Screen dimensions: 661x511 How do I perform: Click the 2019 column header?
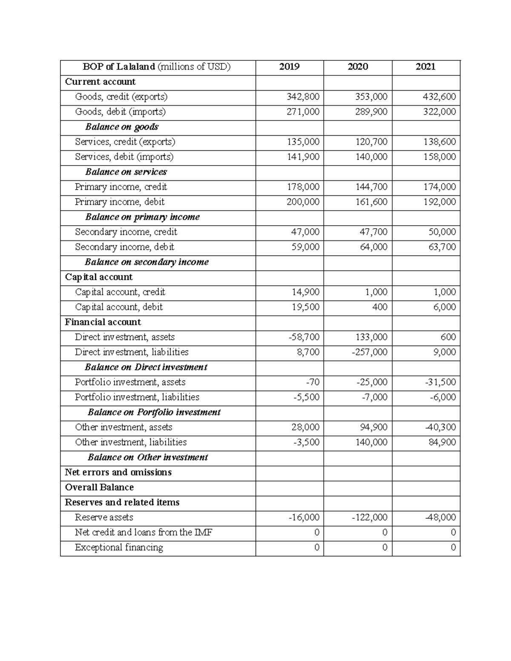[289, 67]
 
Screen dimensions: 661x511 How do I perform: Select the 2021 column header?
[425, 67]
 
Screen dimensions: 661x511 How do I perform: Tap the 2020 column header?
[357, 67]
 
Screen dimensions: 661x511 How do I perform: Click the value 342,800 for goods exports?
[303, 97]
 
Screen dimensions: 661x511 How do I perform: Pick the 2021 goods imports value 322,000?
[439, 112]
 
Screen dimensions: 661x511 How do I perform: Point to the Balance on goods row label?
[122, 127]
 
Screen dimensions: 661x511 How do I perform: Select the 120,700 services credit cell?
[371, 142]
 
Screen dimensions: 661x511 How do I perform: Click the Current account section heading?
[100, 82]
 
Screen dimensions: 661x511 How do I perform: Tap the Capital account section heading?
[99, 277]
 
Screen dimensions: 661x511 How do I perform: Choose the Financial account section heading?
[103, 322]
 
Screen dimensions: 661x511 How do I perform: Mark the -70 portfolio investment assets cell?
[313, 382]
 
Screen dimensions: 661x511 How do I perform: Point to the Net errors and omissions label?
[118, 472]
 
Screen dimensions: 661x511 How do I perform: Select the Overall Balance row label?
[99, 487]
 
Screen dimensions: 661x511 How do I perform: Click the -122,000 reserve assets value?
[369, 518]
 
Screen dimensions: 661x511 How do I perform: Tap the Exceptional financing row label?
[119, 547]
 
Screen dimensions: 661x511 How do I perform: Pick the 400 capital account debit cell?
[379, 307]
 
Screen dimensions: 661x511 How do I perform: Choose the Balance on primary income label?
[142, 217]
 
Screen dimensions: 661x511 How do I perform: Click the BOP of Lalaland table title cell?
[156, 67]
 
